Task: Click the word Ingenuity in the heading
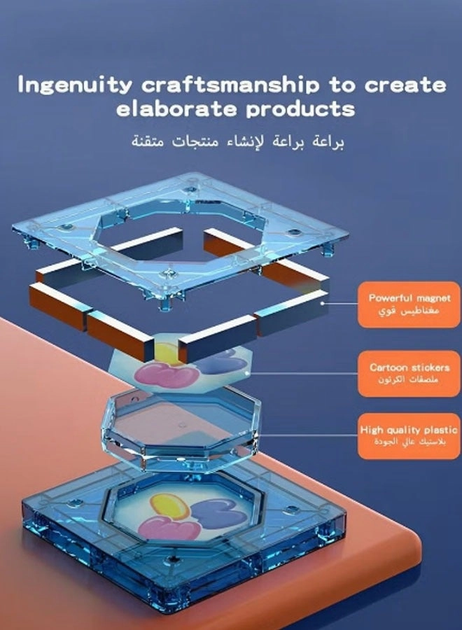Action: pos(75,85)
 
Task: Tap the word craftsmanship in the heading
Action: pos(230,85)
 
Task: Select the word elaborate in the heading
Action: pos(176,109)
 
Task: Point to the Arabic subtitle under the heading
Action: pos(238,142)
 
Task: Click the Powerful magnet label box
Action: pos(409,304)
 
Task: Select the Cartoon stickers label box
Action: pos(409,374)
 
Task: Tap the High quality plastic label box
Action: pos(409,436)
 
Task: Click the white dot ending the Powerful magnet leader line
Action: pos(322,304)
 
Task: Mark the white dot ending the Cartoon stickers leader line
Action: pos(247,374)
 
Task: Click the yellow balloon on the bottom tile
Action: pos(169,506)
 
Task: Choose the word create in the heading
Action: pos(405,85)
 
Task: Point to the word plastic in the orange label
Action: pos(440,430)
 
